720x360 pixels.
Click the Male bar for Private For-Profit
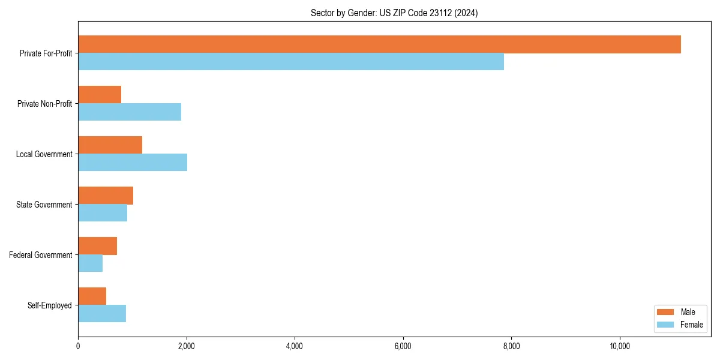[379, 44]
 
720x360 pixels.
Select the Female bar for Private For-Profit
[291, 62]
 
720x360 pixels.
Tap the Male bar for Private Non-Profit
[100, 95]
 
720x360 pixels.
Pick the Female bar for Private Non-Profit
[130, 112]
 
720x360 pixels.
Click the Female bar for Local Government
[133, 163]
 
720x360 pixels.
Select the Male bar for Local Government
[110, 145]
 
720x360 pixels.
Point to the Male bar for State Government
[106, 196]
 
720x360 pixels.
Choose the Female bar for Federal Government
[90, 263]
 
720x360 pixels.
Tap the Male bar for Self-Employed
[92, 296]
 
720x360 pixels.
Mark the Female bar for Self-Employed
[102, 314]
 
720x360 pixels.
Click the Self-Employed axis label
[50, 305]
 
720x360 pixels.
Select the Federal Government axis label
[41, 255]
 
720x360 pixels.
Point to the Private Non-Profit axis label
[44, 104]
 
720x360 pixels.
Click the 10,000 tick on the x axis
[619, 346]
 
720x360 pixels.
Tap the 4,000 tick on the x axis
[295, 346]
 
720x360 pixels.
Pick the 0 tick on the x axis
[78, 346]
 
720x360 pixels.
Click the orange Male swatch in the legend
[666, 312]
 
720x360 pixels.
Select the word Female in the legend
[691, 325]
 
